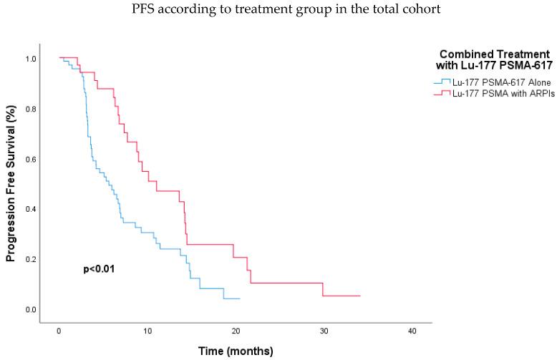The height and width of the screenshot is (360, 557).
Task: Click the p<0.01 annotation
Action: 100,269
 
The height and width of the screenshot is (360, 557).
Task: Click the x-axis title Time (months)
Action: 236,351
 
